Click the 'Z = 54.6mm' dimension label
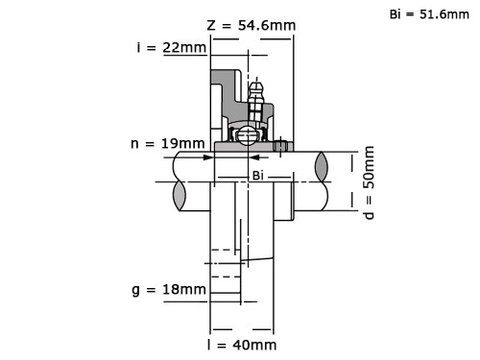252,25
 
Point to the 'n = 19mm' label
168,144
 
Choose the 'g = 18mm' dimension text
169,290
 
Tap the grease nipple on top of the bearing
254,96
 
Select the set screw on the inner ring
280,146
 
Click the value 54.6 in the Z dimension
256,25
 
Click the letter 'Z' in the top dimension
212,25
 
